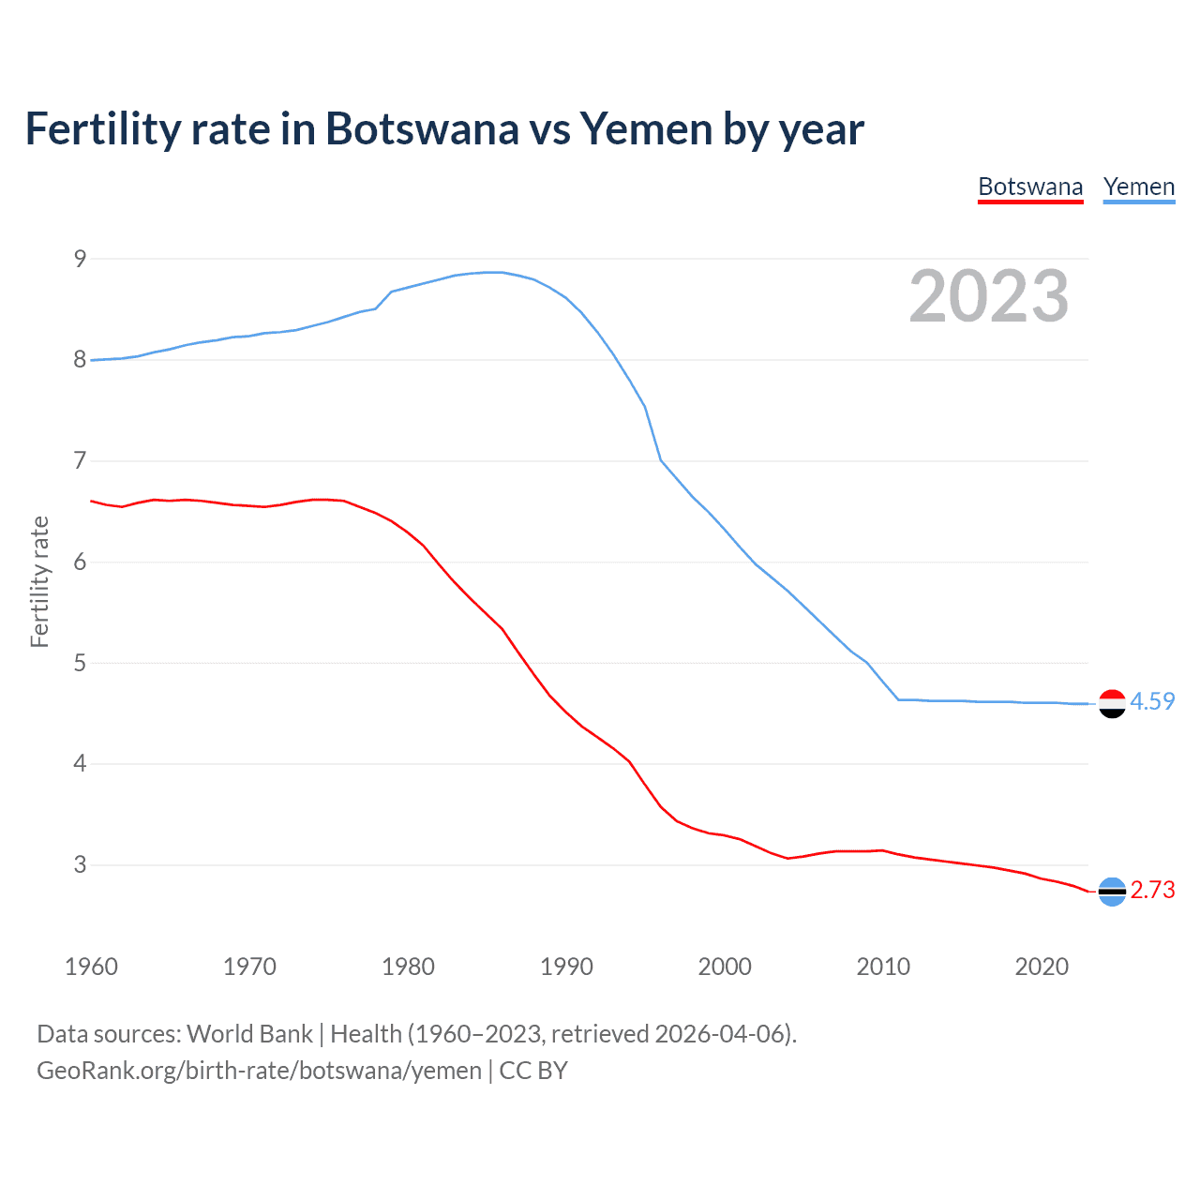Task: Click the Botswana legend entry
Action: (1030, 187)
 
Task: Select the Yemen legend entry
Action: (1139, 187)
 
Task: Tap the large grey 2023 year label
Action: (989, 296)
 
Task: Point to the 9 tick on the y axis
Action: (80, 259)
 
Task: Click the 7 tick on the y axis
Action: (80, 460)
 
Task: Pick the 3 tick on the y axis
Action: (80, 864)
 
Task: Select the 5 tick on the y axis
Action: (80, 663)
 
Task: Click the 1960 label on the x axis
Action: (91, 967)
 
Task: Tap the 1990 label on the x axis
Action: (566, 967)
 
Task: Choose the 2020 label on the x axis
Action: (1042, 967)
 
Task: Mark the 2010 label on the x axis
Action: (883, 967)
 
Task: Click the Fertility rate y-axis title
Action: (39, 581)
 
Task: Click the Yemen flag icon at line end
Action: (1112, 703)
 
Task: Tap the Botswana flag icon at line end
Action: (1112, 891)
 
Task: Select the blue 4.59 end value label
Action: (1152, 701)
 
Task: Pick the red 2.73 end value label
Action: (1152, 890)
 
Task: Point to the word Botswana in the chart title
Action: (421, 129)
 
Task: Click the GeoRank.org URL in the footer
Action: (259, 1071)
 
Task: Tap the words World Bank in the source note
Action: (249, 1034)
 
